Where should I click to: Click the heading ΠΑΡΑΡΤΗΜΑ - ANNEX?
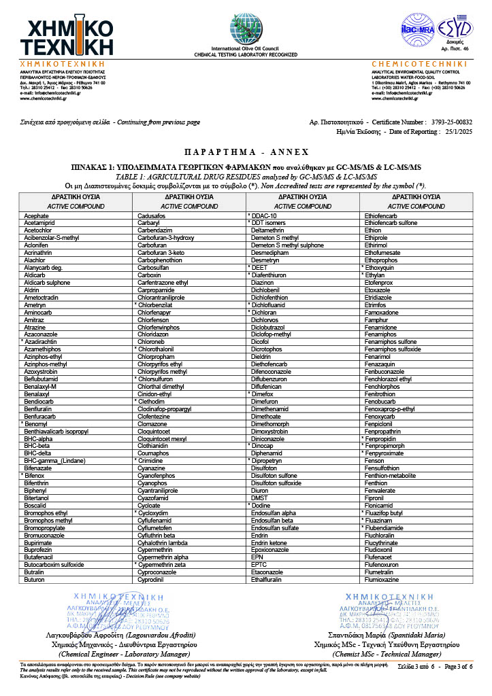pyautogui.click(x=246, y=152)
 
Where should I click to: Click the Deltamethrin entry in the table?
pyautogui.click(x=269, y=230)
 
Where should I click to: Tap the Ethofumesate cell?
pyautogui.click(x=384, y=252)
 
